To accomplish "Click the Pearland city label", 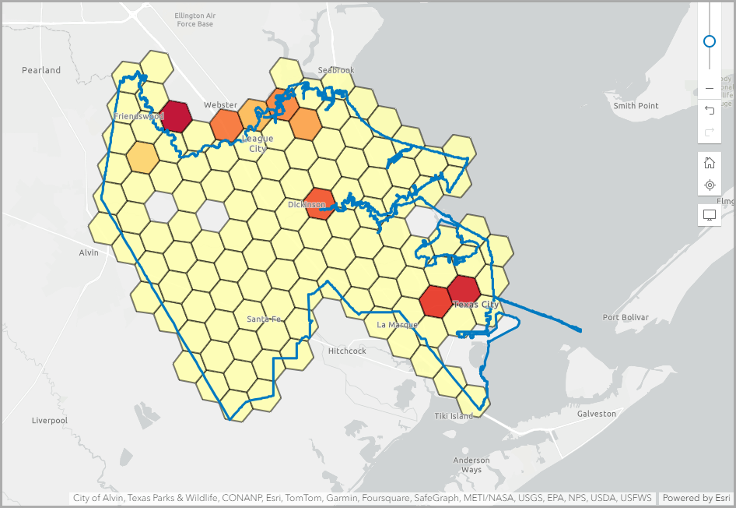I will pyautogui.click(x=41, y=70).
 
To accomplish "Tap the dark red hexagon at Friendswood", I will pyautogui.click(x=176, y=116).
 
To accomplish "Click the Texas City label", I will pyautogui.click(x=475, y=305).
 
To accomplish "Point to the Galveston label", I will pyautogui.click(x=596, y=414).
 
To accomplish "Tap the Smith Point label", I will pyautogui.click(x=636, y=106).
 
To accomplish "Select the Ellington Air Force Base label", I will pyautogui.click(x=195, y=19).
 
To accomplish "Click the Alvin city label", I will pyautogui.click(x=89, y=253).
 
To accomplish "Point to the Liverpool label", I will pyautogui.click(x=50, y=421).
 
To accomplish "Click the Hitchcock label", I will pyautogui.click(x=347, y=351).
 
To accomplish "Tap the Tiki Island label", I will pyautogui.click(x=454, y=416).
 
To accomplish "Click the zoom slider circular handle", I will pyautogui.click(x=710, y=41).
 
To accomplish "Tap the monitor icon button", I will pyautogui.click(x=710, y=215).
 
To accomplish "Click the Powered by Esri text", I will pyautogui.click(x=696, y=497).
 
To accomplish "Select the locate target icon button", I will pyautogui.click(x=710, y=185).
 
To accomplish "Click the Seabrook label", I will pyautogui.click(x=336, y=70).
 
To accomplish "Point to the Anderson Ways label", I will pyautogui.click(x=471, y=465).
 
